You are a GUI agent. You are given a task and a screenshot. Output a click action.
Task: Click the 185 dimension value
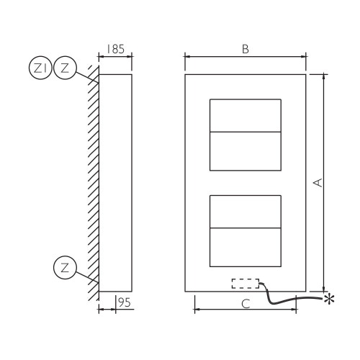(115, 49)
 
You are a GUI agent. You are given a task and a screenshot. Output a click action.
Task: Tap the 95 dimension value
(125, 302)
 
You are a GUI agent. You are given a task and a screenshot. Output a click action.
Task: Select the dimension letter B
(246, 49)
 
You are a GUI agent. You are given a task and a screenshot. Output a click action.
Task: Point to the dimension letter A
(318, 183)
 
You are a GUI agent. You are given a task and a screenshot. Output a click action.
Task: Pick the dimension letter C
(246, 304)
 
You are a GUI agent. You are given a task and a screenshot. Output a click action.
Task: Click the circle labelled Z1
(40, 68)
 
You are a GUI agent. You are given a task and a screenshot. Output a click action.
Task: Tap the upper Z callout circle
(65, 68)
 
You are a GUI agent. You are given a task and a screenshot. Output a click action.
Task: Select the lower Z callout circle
(65, 267)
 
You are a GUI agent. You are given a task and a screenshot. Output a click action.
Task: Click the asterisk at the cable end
(329, 299)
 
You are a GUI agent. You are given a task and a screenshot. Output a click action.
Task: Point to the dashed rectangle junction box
(246, 284)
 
